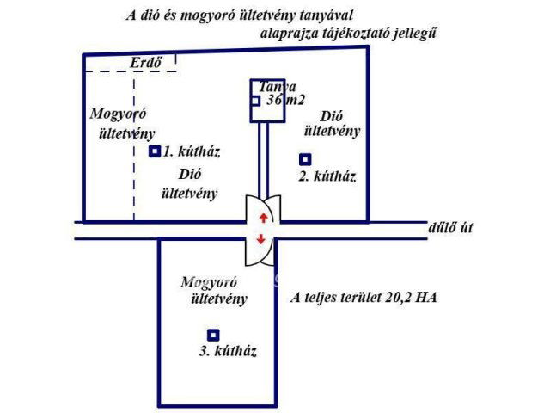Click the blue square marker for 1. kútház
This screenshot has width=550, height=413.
[x=155, y=151]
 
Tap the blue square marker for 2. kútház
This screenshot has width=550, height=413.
[x=304, y=159]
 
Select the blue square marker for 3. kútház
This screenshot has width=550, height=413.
[x=213, y=335]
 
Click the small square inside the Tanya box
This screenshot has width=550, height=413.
[x=255, y=101]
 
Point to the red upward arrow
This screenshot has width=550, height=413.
[x=261, y=216]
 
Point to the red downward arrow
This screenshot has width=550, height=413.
[x=261, y=239]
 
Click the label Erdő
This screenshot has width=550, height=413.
[x=145, y=63]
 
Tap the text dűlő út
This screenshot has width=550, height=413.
[x=450, y=229]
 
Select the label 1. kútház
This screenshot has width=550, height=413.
[x=192, y=151]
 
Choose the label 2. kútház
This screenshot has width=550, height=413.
[x=327, y=176]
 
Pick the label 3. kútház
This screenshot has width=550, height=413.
[x=228, y=351]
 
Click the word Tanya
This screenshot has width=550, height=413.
[x=277, y=87]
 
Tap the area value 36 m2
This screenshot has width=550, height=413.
[x=286, y=101]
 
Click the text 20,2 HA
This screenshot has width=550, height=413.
[x=408, y=299]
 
